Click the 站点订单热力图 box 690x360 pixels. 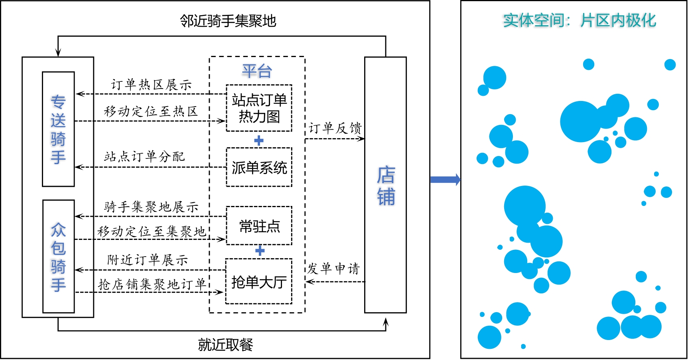pyautogui.click(x=259, y=108)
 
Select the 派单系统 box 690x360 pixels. pyautogui.click(x=259, y=167)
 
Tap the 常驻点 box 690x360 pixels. pyautogui.click(x=259, y=226)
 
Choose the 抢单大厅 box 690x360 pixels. pyautogui.click(x=259, y=282)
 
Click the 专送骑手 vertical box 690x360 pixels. pyautogui.click(x=58, y=129)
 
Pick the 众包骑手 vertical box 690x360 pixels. pyautogui.click(x=58, y=257)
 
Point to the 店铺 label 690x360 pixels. pyautogui.click(x=386, y=186)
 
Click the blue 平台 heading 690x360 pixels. pyautogui.click(x=257, y=71)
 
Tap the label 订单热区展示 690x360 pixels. pyautogui.click(x=151, y=85)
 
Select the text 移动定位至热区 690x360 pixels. pyautogui.click(x=151, y=111)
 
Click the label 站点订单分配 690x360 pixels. pyautogui.click(x=144, y=156)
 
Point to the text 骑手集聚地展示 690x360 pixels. pyautogui.click(x=151, y=207)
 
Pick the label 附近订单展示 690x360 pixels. pyautogui.click(x=148, y=260)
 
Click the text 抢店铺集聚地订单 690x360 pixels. pyautogui.click(x=152, y=284)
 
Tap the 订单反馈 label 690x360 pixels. pyautogui.click(x=335, y=128)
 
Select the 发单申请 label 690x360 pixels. pyautogui.click(x=334, y=268)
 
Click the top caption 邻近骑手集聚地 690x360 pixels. pyautogui.click(x=228, y=21)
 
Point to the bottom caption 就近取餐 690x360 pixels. pyautogui.click(x=225, y=344)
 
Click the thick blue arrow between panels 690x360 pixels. pyautogui.click(x=445, y=180)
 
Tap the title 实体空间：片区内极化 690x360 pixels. pyautogui.click(x=579, y=20)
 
